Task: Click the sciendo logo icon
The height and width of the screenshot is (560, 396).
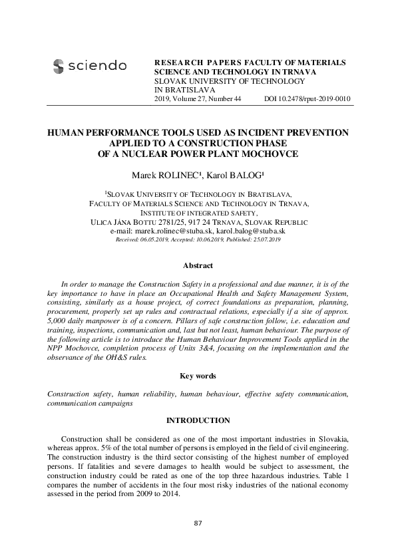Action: tap(58, 66)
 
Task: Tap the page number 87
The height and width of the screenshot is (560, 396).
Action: tap(198, 524)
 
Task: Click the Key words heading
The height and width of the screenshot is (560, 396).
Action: tap(198, 376)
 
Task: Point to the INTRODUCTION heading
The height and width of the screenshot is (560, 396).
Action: tap(198, 420)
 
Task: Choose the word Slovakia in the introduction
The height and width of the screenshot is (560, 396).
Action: tap(330, 440)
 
